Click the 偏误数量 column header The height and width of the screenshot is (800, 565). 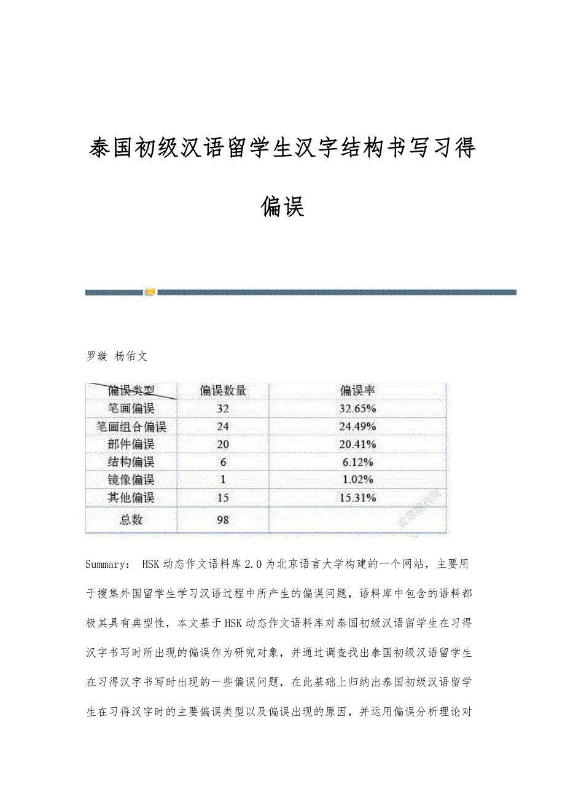(223, 390)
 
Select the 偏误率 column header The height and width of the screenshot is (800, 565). (357, 390)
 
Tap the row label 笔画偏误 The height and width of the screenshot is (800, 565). (131, 408)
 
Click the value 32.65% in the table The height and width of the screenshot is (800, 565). (357, 408)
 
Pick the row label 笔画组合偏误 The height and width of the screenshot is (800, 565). (131, 426)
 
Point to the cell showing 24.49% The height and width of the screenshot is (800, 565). (357, 426)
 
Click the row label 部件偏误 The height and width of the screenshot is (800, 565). (131, 444)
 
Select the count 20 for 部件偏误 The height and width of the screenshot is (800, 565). (223, 444)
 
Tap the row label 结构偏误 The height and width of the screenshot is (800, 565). (131, 462)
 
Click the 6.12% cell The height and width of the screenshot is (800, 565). (357, 462)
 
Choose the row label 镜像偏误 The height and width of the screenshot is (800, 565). (131, 480)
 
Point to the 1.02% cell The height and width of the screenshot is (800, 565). (357, 480)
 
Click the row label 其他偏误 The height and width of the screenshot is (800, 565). (131, 498)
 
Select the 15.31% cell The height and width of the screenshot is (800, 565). (357, 498)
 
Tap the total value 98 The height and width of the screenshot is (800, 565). (223, 520)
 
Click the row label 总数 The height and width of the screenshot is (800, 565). (131, 520)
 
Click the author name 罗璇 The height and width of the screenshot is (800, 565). (97, 356)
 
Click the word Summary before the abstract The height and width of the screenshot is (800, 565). (106, 564)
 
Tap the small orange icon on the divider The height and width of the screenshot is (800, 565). (150, 292)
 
